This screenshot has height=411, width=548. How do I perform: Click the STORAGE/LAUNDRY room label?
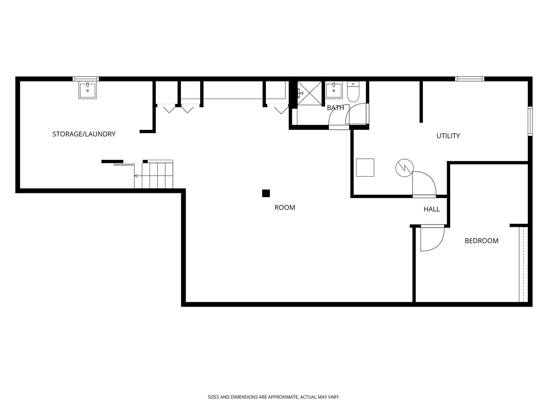84,134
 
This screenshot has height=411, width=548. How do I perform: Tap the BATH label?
335,108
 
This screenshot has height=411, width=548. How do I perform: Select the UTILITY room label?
448,136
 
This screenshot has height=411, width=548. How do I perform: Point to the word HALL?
432,209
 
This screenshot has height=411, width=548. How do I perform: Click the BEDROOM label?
481,241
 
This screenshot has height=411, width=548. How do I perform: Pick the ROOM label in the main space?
285,208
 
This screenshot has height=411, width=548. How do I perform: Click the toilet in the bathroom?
353,92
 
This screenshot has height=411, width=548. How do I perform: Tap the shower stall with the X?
309,93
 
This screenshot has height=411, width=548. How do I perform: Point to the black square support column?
266,193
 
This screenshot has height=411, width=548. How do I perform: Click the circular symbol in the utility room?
405,168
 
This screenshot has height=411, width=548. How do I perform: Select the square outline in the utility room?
365,167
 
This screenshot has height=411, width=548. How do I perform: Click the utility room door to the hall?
424,185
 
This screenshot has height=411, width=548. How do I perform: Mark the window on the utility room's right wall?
530,121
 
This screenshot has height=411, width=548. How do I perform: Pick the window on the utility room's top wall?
470,79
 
